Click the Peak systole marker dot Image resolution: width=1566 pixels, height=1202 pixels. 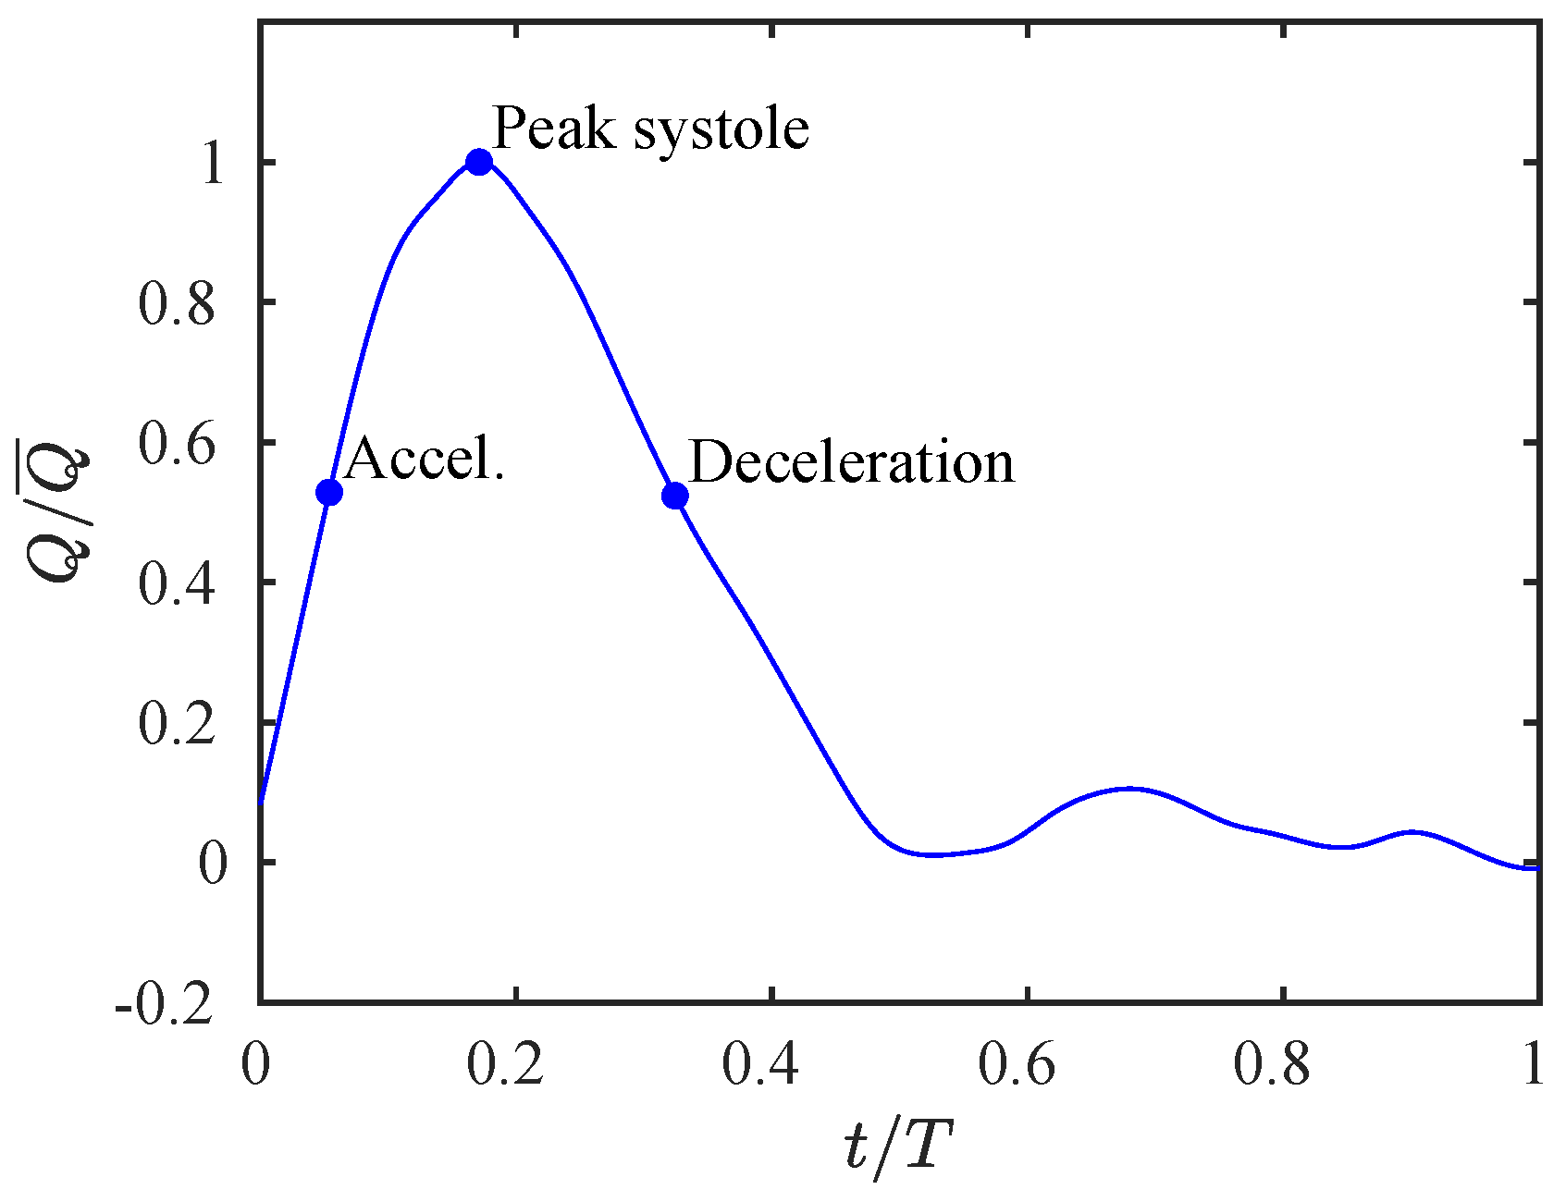click(478, 163)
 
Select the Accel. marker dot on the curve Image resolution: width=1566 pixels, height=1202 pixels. click(329, 492)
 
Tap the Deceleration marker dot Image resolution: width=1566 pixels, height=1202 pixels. click(675, 497)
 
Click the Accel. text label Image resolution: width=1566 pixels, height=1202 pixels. click(425, 458)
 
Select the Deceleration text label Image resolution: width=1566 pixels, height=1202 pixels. click(852, 462)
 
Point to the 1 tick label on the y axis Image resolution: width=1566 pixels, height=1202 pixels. click(213, 165)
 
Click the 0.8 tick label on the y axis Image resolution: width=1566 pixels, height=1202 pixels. click(177, 303)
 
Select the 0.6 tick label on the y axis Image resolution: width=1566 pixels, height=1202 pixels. click(177, 444)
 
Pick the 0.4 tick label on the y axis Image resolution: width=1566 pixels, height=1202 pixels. click(177, 583)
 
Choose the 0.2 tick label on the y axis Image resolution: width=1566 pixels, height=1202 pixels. click(177, 723)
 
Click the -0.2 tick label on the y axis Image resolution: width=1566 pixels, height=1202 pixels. click(165, 1004)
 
